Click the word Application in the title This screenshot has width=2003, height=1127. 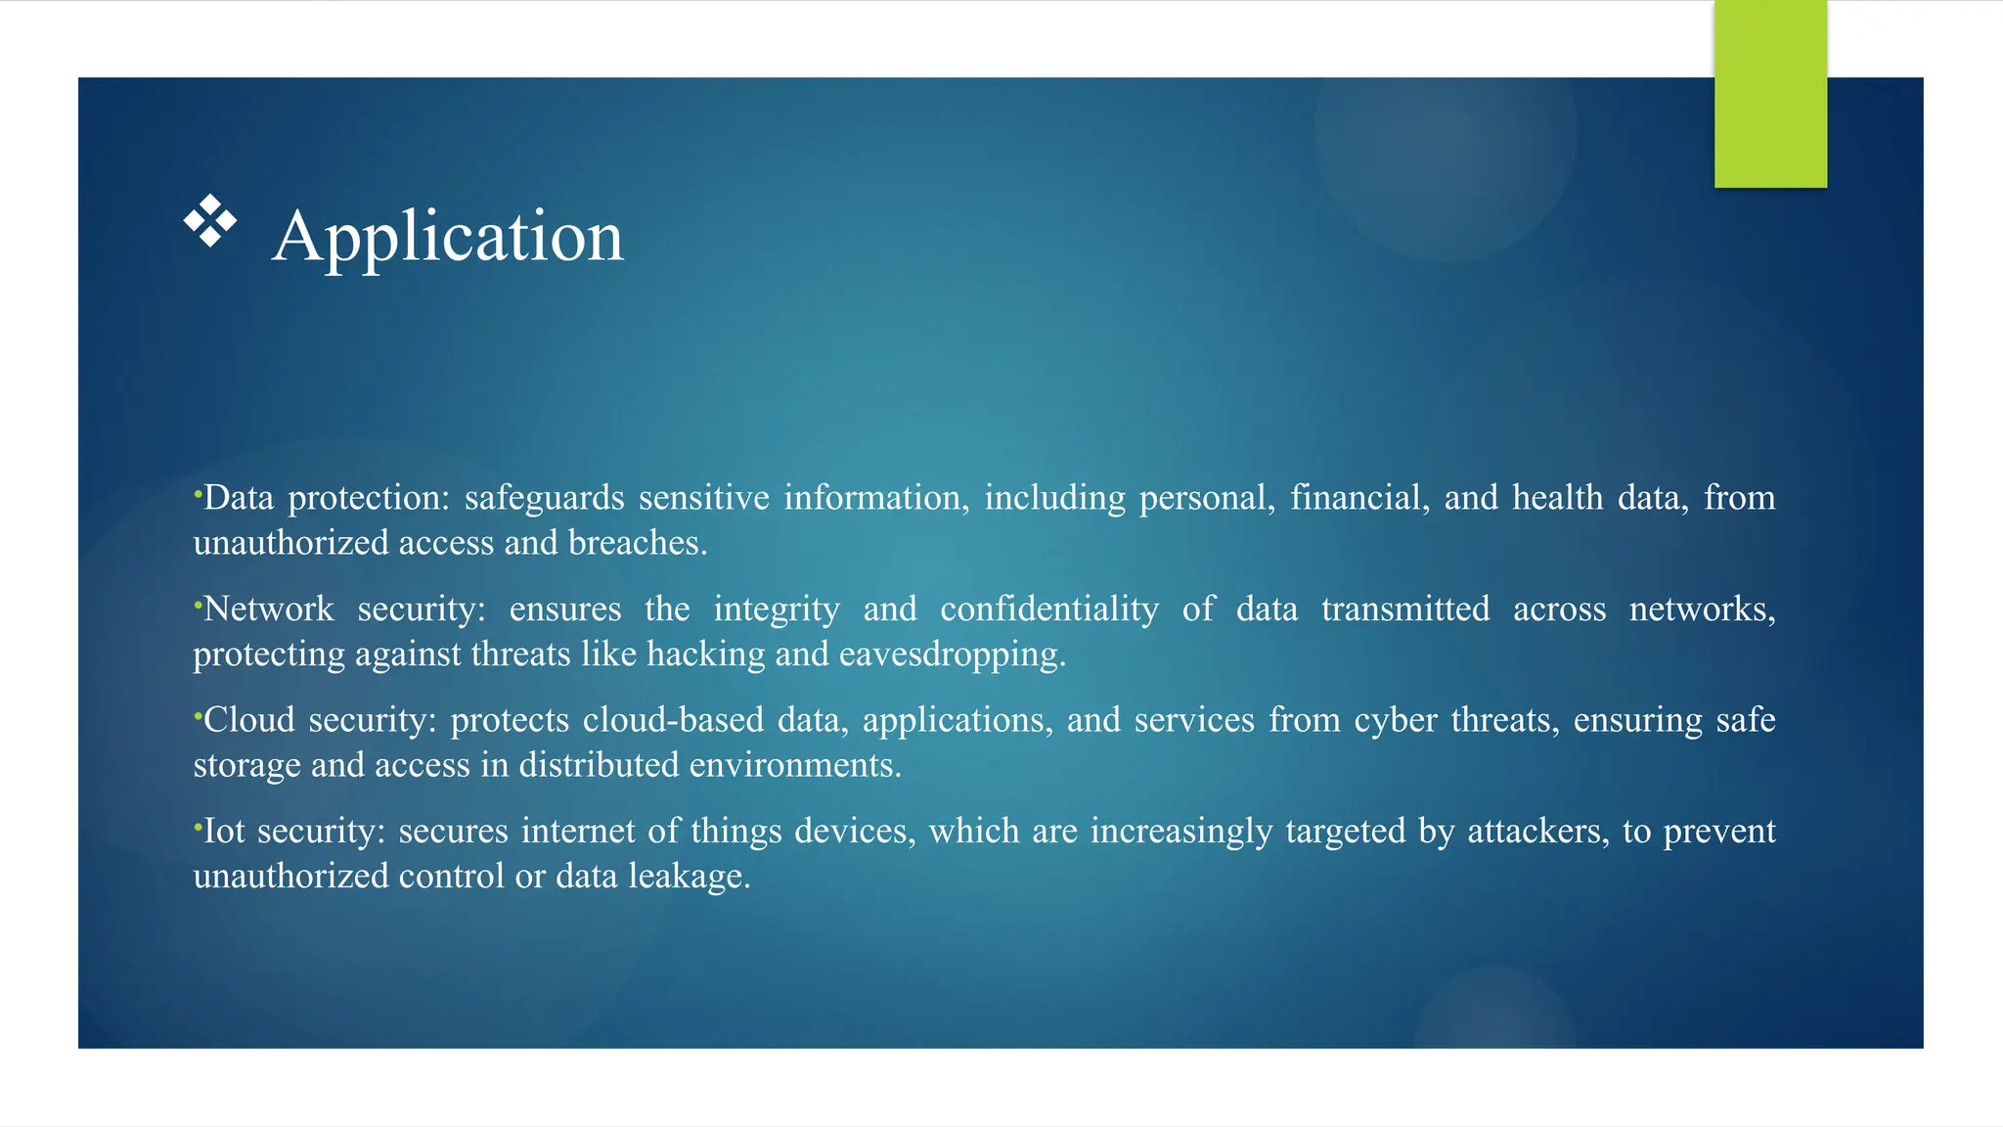[x=448, y=237]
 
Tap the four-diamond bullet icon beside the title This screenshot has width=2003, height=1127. [x=210, y=221]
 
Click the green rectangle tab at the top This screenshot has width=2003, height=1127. [x=1770, y=94]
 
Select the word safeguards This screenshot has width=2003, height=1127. [x=544, y=499]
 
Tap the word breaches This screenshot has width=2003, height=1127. [x=636, y=543]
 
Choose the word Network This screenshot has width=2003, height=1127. [x=268, y=609]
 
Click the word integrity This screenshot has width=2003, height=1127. [x=777, y=610]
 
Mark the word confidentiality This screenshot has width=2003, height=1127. [x=1049, y=609]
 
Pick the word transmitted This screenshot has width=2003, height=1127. [x=1405, y=609]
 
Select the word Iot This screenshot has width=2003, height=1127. [x=224, y=832]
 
